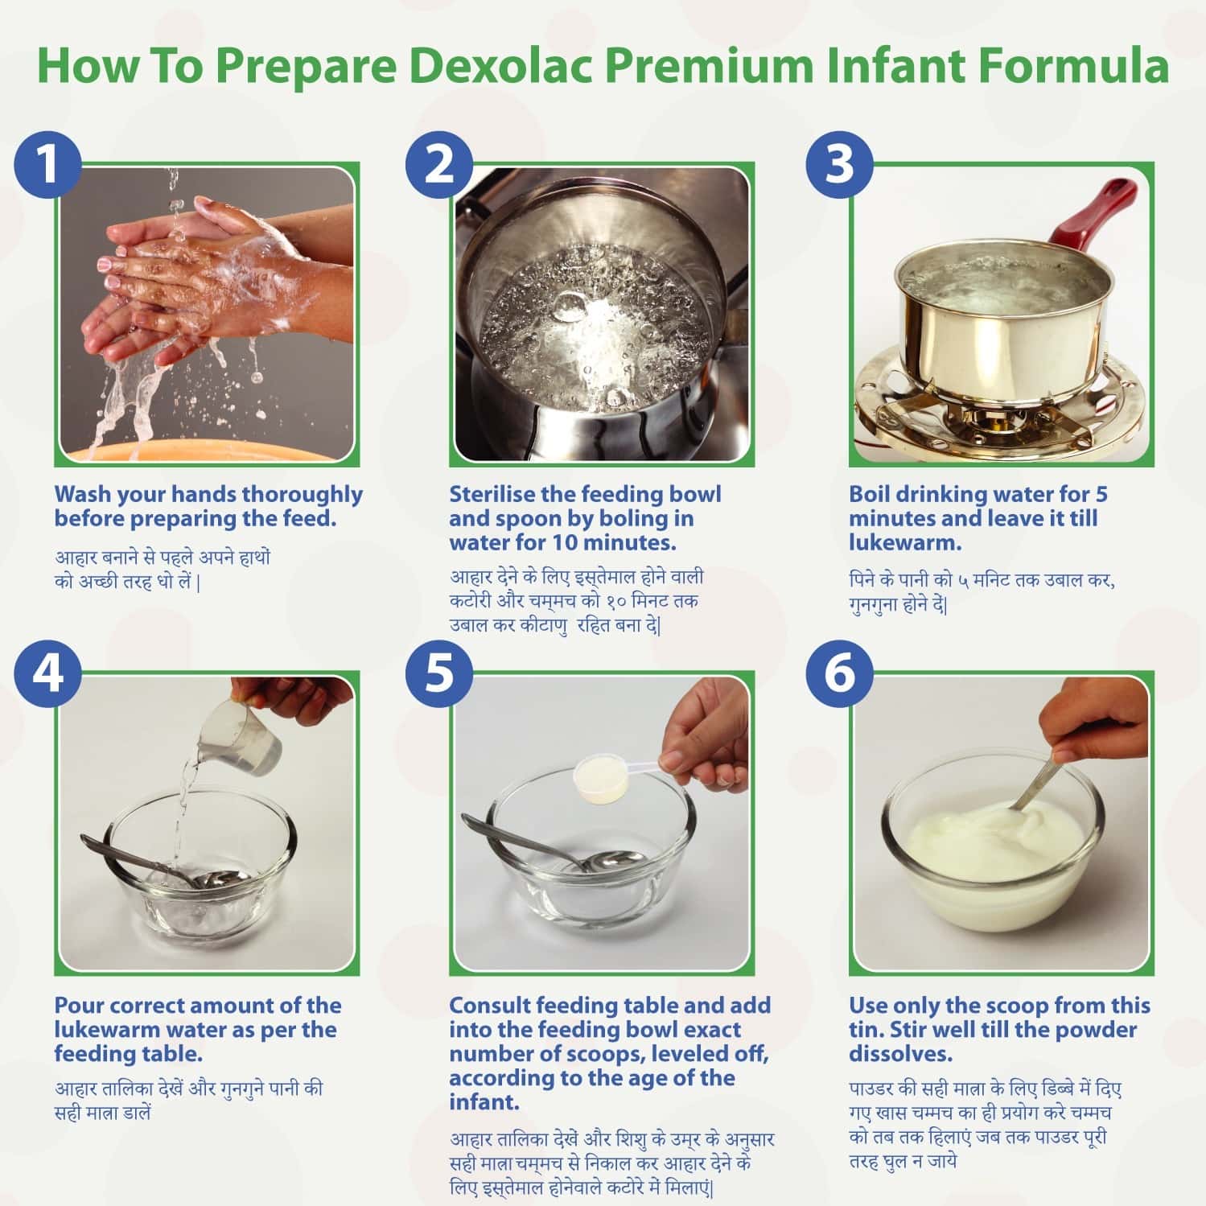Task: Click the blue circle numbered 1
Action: [47, 164]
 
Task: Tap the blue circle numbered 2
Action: [439, 164]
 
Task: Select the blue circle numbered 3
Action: [839, 164]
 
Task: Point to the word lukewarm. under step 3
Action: [905, 543]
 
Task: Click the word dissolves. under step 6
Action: [900, 1054]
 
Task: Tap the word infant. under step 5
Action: [484, 1103]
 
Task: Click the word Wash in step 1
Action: [84, 494]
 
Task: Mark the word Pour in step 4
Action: [79, 1006]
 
